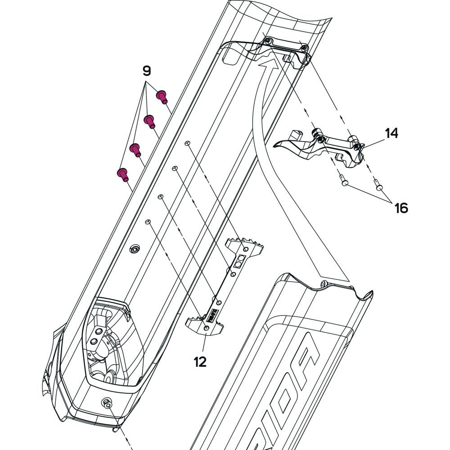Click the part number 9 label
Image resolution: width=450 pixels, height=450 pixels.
click(147, 71)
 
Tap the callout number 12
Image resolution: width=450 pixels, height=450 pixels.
click(200, 361)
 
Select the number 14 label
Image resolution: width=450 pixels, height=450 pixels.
click(391, 133)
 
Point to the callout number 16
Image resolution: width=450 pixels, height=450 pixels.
click(401, 207)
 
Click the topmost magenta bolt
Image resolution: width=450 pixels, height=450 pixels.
click(162, 96)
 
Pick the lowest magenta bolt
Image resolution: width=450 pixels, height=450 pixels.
click(122, 174)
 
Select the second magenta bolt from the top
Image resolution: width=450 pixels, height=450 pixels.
click(149, 121)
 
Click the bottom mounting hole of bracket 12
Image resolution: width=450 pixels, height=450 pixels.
click(207, 329)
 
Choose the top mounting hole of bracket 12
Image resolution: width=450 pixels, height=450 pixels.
click(246, 249)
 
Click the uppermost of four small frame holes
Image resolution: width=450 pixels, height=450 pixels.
click(188, 143)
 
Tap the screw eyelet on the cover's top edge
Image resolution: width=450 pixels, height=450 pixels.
click(323, 283)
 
